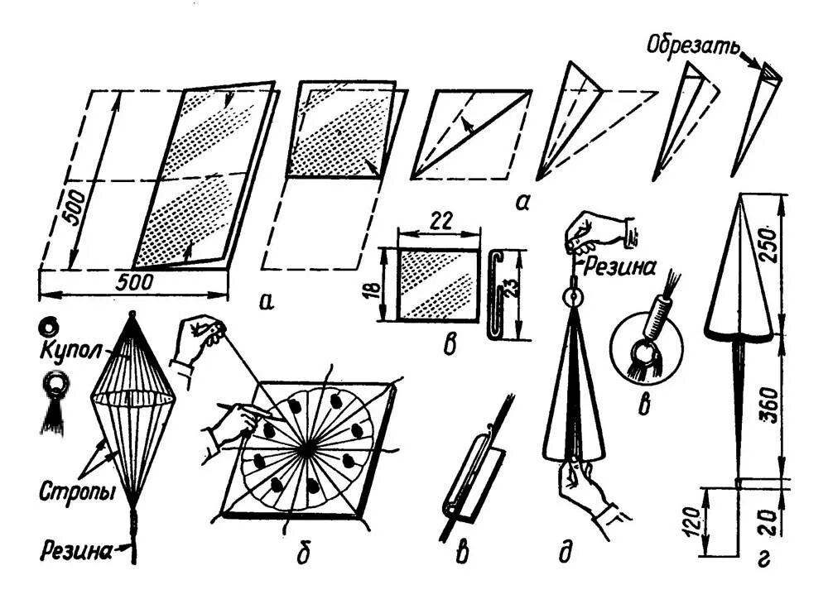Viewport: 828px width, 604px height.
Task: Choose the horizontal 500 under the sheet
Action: tap(133, 281)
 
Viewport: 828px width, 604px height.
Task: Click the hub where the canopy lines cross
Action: tap(307, 447)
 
